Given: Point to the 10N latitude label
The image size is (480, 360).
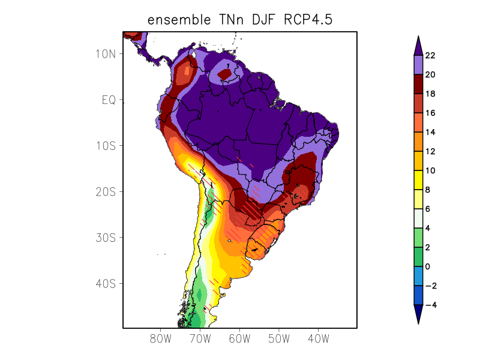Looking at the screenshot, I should [106, 53].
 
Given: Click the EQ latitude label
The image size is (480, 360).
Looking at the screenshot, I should [109, 100].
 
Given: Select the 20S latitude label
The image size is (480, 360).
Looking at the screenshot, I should [106, 191].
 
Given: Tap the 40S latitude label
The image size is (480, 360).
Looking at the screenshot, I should [106, 283].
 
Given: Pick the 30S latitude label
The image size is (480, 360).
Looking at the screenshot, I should [106, 238].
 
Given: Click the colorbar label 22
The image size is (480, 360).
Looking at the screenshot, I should [430, 56].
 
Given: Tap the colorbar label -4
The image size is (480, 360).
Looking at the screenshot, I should [430, 305].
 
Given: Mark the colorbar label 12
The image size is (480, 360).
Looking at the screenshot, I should [430, 152].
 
